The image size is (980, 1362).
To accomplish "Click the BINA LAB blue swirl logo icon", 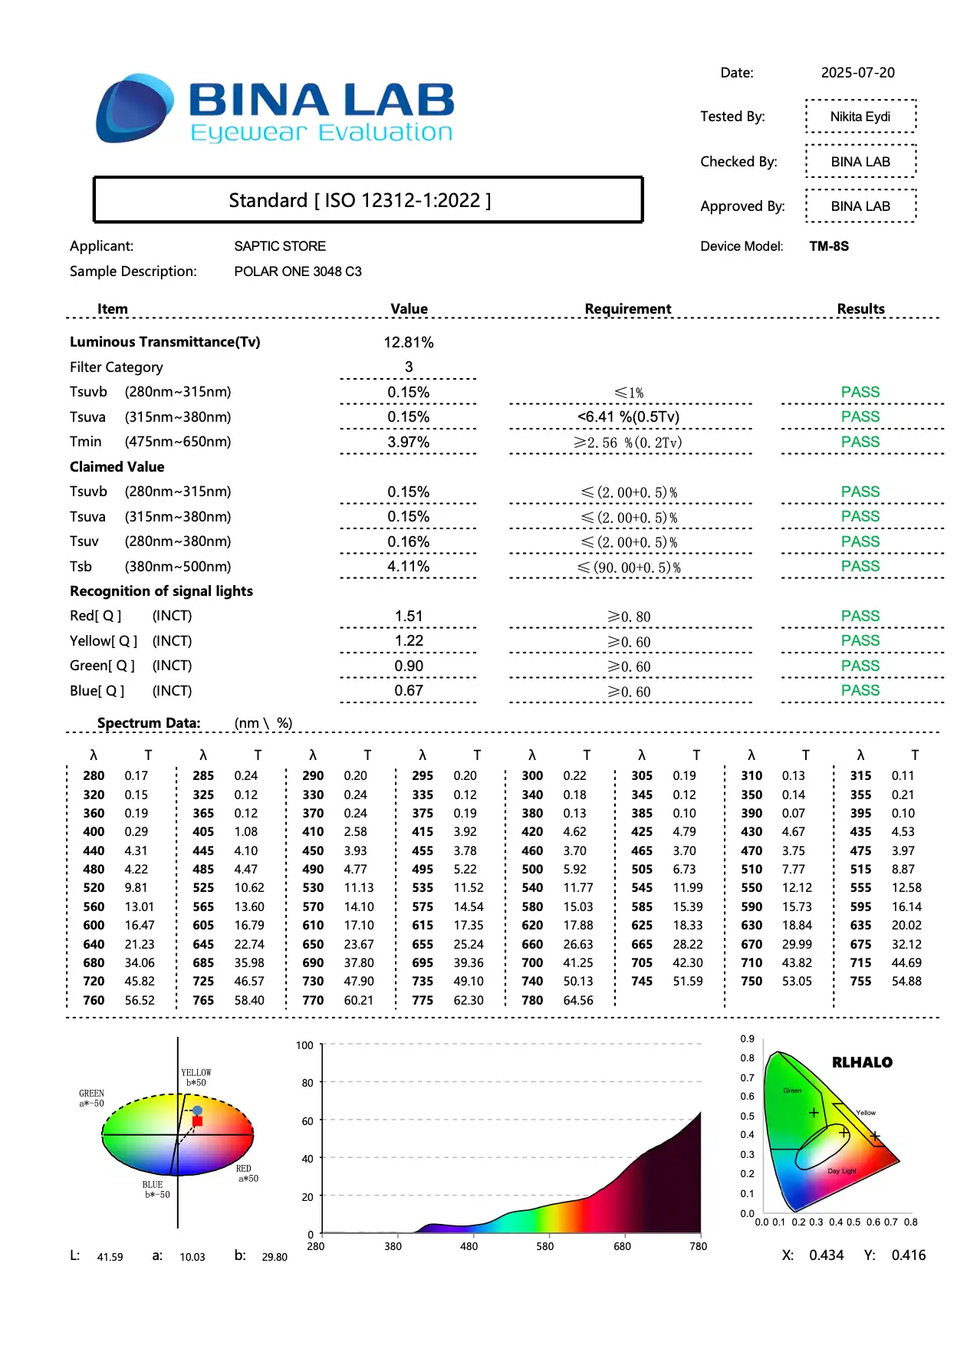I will [x=134, y=109].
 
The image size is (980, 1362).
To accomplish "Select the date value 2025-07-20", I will [x=857, y=73].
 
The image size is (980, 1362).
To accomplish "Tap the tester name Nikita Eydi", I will [x=860, y=117].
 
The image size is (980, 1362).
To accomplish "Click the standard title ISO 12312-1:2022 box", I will [x=367, y=200].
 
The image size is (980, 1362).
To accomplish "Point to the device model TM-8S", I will [x=829, y=246].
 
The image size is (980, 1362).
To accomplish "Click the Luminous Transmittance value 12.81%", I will [x=409, y=342].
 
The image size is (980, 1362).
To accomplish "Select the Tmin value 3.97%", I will [x=408, y=442].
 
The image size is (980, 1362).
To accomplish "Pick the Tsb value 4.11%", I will [x=408, y=566].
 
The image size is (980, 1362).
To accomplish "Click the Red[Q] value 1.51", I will [x=409, y=616].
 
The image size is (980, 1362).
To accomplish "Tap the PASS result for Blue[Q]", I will [x=860, y=690].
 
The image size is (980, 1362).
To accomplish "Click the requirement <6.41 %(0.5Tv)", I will [x=628, y=416].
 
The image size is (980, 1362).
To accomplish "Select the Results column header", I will [x=860, y=308].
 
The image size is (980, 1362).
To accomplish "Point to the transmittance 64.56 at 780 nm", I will [x=578, y=1000].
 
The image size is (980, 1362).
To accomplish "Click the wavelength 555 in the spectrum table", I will [x=860, y=887].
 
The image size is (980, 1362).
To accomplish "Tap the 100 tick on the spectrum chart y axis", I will [x=304, y=1045].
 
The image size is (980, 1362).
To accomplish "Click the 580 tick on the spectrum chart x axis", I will [x=544, y=1246].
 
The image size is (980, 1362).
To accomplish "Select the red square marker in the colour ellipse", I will [x=197, y=1121].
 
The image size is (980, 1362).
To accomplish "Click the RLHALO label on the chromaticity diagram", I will [x=862, y=1062].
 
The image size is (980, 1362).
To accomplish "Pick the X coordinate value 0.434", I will [x=826, y=1255].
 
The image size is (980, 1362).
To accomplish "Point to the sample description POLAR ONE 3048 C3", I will [x=298, y=271].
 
